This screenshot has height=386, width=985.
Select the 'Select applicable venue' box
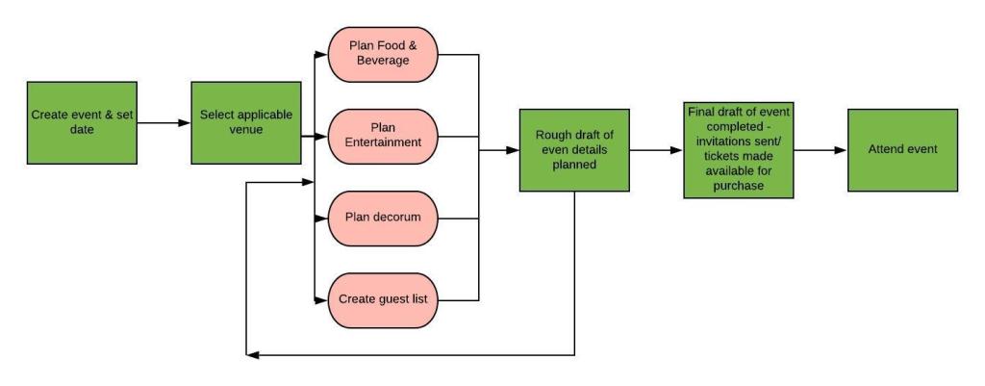tap(246, 122)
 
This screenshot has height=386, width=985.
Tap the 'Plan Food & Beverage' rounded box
tap(383, 54)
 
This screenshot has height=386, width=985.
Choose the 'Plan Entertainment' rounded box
tap(383, 136)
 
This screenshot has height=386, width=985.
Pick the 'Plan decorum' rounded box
tap(383, 218)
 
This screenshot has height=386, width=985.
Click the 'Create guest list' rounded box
tap(383, 299)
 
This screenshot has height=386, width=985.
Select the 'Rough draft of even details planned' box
tap(574, 149)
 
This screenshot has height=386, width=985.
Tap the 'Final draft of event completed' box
tap(739, 149)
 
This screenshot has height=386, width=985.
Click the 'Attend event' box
tap(902, 149)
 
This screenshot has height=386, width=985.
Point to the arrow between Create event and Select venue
tap(164, 123)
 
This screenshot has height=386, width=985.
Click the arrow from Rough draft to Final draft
tap(656, 150)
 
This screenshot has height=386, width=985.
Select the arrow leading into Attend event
tap(820, 150)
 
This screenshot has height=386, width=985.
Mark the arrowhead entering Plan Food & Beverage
tap(322, 54)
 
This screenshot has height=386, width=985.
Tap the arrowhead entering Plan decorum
tap(322, 218)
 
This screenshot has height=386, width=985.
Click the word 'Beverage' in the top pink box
tap(383, 62)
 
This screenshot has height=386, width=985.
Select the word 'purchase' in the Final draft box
tap(739, 185)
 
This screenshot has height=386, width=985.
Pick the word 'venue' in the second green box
tap(246, 130)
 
